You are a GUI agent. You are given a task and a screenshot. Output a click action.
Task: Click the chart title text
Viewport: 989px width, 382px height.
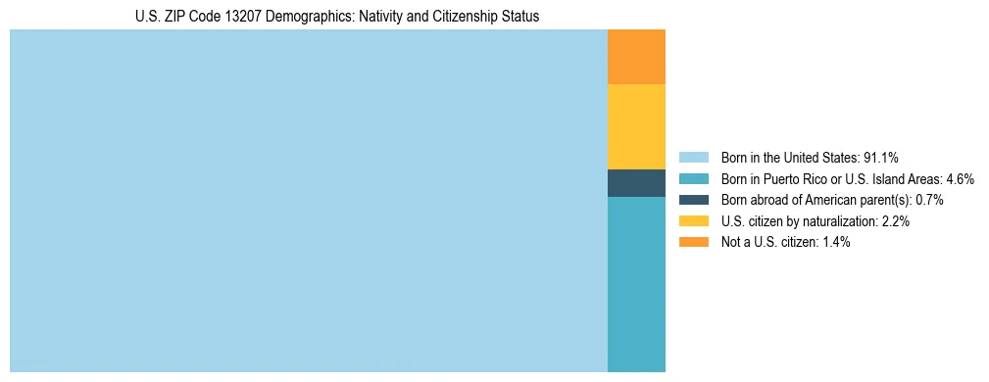point(337,17)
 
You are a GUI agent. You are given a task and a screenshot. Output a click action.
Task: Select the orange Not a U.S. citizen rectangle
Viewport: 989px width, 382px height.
point(636,57)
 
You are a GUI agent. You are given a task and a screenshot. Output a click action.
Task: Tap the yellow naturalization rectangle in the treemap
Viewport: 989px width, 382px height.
point(636,126)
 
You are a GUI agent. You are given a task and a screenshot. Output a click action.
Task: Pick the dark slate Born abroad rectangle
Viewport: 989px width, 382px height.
point(636,183)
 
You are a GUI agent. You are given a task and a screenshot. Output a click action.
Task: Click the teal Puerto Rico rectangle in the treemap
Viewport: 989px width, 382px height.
point(636,284)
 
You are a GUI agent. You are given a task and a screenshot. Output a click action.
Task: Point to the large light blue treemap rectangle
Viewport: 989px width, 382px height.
point(309,201)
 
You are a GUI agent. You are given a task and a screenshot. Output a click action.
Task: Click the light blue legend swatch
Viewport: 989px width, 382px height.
point(693,157)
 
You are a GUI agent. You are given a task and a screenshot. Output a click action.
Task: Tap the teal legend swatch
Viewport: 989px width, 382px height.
point(693,178)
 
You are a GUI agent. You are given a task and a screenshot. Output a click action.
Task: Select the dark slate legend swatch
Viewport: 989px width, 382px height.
point(693,200)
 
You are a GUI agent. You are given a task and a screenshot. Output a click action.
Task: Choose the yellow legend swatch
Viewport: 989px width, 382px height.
point(693,221)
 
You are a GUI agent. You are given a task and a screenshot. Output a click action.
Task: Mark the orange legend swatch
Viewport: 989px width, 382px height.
point(693,242)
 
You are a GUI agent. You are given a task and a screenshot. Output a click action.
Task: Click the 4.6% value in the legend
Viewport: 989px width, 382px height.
point(960,178)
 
